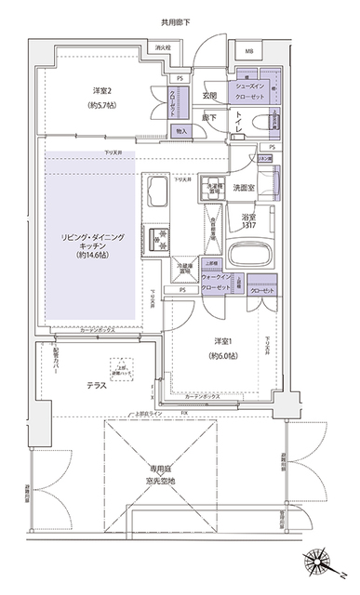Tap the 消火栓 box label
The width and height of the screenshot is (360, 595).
click(x=163, y=46)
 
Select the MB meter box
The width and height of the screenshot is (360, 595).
click(x=250, y=51)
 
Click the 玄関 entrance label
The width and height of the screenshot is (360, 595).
click(x=209, y=95)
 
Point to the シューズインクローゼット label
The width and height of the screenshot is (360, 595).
click(x=257, y=88)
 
